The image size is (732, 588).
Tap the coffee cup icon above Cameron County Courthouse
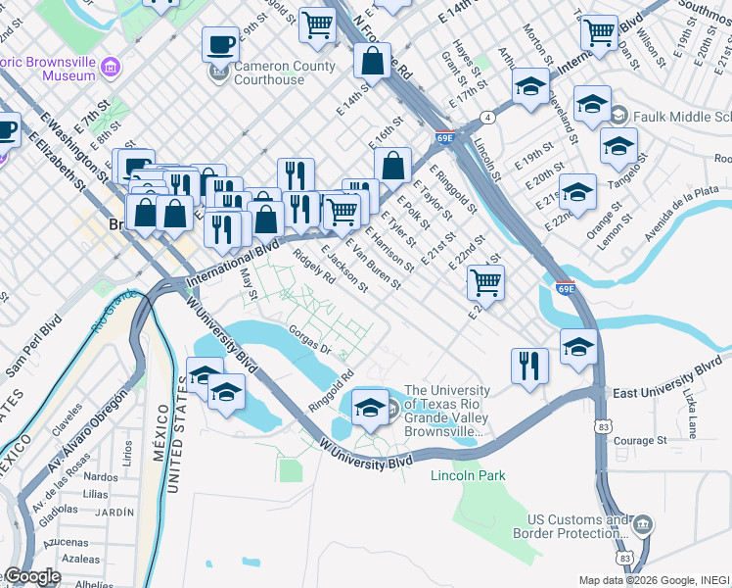(x=220, y=44)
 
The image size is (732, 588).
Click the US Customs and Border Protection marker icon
(x=643, y=526)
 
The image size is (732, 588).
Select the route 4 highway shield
(x=486, y=117)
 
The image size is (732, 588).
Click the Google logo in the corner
(x=32, y=576)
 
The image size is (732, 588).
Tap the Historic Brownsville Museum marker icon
(x=111, y=68)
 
